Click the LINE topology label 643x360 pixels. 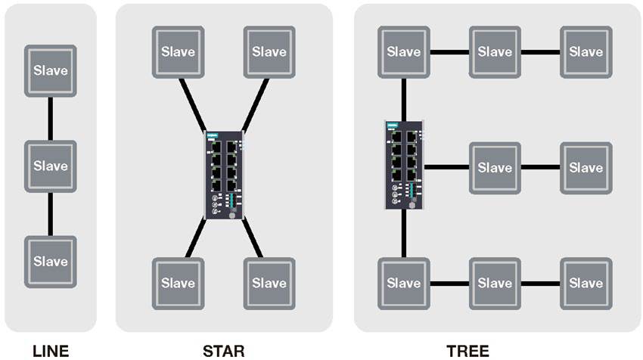click(x=50, y=350)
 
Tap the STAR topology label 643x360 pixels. click(x=224, y=350)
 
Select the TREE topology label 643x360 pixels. click(x=467, y=350)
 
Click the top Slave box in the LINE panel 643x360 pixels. click(x=50, y=70)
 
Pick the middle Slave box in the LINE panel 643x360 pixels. click(x=50, y=166)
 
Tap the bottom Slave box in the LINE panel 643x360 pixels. click(x=50, y=262)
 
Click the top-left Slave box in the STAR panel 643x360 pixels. click(x=178, y=52)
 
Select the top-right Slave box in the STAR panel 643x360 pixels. click(x=269, y=52)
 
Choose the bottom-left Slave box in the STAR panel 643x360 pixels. click(x=178, y=284)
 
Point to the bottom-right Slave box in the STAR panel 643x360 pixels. click(x=269, y=284)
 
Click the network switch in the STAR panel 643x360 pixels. click(x=224, y=174)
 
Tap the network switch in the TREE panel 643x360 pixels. click(x=402, y=164)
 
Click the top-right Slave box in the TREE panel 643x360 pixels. click(x=586, y=52)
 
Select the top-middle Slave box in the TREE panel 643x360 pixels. click(x=495, y=52)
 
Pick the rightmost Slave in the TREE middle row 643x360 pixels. click(x=586, y=167)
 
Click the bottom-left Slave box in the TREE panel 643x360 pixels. click(x=403, y=284)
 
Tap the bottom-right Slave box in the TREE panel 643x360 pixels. click(x=586, y=284)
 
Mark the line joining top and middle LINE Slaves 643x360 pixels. click(x=50, y=118)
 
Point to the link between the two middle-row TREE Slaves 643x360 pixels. click(x=540, y=167)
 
